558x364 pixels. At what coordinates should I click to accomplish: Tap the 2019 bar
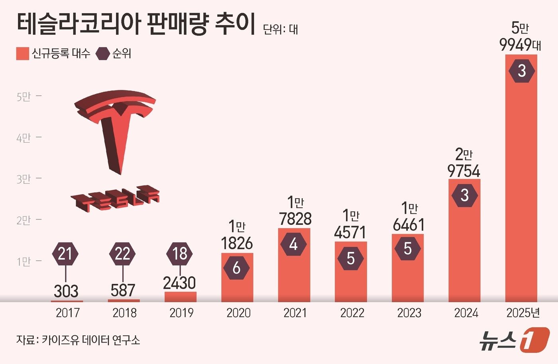click(180, 297)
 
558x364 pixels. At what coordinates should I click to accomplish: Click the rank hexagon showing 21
click(65, 254)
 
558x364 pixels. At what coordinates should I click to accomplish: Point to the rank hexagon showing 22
click(122, 254)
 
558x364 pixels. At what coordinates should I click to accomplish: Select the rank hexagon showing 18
click(180, 254)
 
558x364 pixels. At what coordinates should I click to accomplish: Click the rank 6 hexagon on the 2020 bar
click(236, 268)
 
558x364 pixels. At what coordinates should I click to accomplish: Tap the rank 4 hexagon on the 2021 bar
click(293, 244)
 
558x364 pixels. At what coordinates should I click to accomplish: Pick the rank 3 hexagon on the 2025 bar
click(522, 71)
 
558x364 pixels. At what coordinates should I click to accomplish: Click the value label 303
click(66, 291)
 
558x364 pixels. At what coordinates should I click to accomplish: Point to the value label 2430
click(179, 283)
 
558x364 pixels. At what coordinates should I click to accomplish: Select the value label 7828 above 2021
click(295, 219)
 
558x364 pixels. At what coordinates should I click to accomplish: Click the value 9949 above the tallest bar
click(516, 45)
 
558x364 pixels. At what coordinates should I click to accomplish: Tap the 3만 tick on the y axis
click(24, 179)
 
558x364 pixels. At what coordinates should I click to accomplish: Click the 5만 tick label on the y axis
click(24, 96)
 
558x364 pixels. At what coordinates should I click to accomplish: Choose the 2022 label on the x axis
click(352, 313)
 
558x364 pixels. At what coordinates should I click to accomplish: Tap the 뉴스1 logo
click(514, 340)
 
